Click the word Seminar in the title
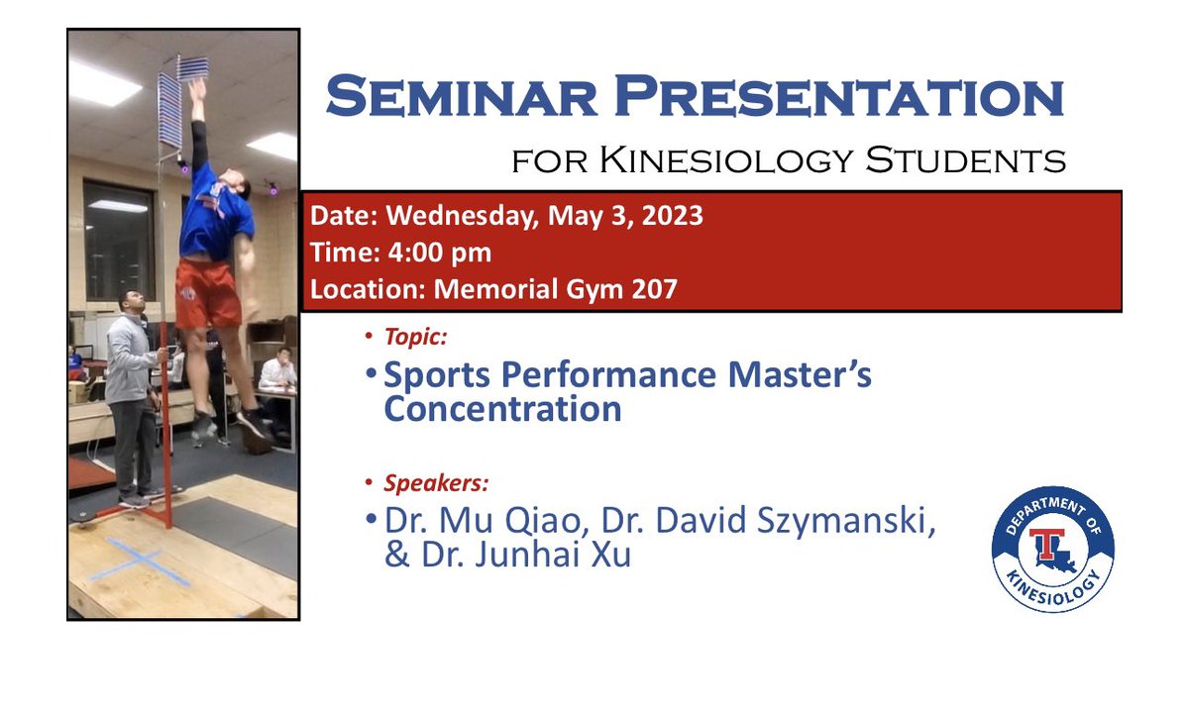coord(453,98)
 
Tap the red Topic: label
coord(415,337)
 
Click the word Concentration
coord(502,409)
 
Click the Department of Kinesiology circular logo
coord(1052,549)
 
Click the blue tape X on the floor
coord(141,561)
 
